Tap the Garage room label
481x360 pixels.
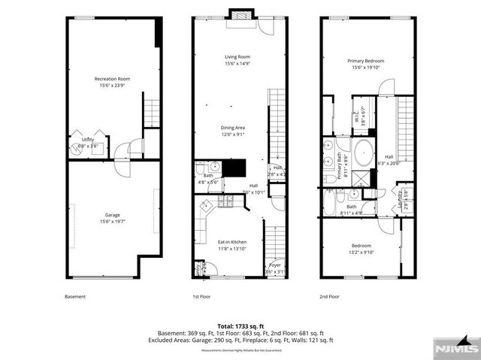113,217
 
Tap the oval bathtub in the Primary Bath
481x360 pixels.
364,152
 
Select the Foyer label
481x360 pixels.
276,266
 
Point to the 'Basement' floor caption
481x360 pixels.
75,297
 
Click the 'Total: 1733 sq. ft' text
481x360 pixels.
240,325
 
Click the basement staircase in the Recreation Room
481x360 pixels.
152,113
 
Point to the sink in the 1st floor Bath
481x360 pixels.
215,166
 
